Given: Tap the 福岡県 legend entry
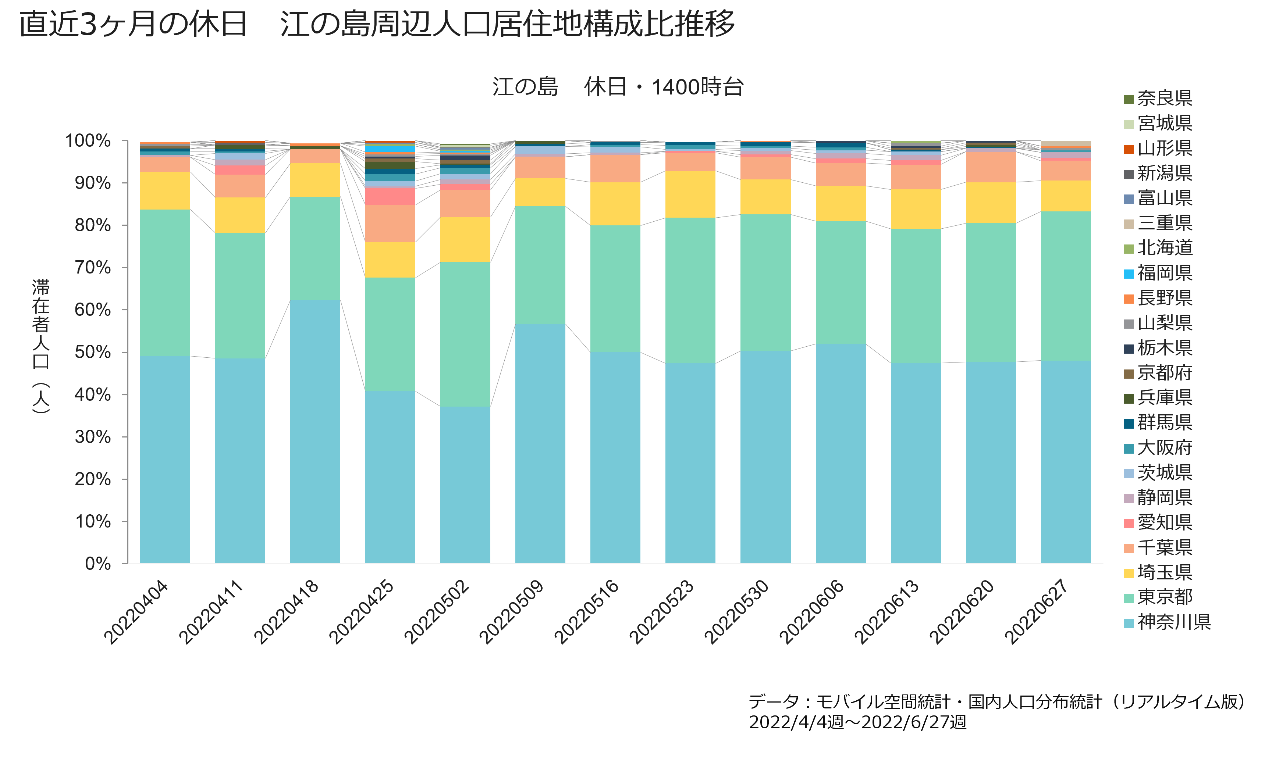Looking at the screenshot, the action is pyautogui.click(x=1158, y=273).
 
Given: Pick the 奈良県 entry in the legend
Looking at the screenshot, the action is pyautogui.click(x=1158, y=98).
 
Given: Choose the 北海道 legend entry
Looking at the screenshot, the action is pyautogui.click(x=1158, y=248).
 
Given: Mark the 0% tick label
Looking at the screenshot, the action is pyautogui.click(x=98, y=564).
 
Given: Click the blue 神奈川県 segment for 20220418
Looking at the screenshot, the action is pyautogui.click(x=315, y=432).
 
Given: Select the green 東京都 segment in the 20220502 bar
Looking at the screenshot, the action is pyautogui.click(x=465, y=334).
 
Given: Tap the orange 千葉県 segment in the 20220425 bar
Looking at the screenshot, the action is pyautogui.click(x=390, y=224).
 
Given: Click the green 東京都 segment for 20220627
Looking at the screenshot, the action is pyautogui.click(x=1066, y=286).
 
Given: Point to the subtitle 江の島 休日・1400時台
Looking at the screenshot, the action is pyautogui.click(x=618, y=87).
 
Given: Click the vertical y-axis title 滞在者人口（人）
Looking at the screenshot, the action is pyautogui.click(x=41, y=346).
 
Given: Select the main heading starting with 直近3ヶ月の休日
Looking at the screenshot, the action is pyautogui.click(x=377, y=24).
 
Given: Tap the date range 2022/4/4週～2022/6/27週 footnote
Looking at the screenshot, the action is pyautogui.click(x=858, y=722).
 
